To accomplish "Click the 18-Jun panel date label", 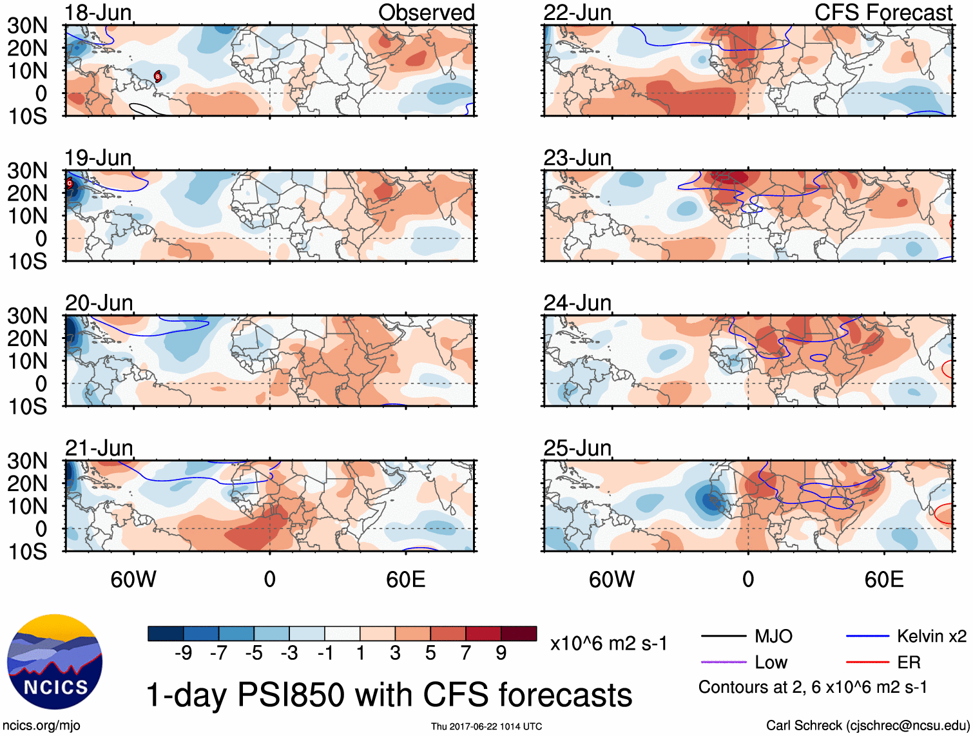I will (98, 12).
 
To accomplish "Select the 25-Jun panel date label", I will (577, 447).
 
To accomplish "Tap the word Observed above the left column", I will (426, 12).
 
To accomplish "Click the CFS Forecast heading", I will (883, 12).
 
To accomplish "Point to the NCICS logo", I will (55, 662).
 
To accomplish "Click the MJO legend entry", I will (773, 636).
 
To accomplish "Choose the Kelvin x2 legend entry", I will (931, 636).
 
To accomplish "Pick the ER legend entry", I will (909, 662).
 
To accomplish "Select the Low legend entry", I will (771, 662).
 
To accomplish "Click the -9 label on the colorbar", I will (183, 653).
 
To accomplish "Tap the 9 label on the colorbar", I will (501, 653).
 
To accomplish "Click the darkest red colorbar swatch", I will (519, 634).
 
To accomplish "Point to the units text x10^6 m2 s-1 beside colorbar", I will (608, 643).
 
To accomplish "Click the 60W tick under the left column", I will (133, 579).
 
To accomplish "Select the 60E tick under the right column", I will (883, 579).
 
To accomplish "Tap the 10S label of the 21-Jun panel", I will (27, 552).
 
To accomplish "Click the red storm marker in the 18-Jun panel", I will (157, 77).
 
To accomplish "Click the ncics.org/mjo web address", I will (41, 726).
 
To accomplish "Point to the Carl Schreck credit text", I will (867, 726).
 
